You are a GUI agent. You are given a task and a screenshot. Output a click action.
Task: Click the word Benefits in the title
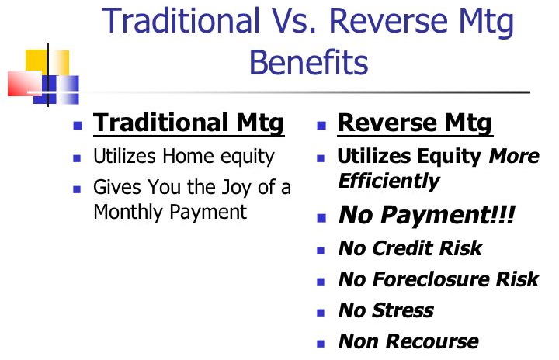click(x=309, y=62)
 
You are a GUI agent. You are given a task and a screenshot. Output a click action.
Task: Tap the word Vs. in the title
click(x=291, y=20)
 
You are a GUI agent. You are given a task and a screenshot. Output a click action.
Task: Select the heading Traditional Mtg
click(x=188, y=123)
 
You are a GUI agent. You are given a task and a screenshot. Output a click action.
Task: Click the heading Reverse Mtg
click(x=415, y=123)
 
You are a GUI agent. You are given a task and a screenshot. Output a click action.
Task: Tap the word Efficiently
click(x=389, y=181)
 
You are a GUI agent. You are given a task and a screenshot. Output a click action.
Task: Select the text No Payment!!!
click(x=427, y=215)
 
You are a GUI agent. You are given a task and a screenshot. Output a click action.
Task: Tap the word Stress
click(x=403, y=310)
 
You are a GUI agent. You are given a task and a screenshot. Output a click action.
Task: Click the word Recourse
click(x=432, y=341)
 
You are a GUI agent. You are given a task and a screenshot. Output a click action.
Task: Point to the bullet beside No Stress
click(x=321, y=313)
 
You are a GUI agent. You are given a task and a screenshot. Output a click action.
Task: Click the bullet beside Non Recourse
click(x=321, y=344)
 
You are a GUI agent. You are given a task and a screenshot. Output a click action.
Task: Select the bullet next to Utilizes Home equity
click(x=77, y=158)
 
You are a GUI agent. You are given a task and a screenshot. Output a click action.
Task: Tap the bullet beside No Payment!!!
click(x=321, y=218)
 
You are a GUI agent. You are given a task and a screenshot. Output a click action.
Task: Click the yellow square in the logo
click(x=47, y=63)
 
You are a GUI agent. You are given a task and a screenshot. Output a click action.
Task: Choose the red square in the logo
click(x=25, y=84)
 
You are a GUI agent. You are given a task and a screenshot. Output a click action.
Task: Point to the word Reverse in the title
click(x=388, y=20)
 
